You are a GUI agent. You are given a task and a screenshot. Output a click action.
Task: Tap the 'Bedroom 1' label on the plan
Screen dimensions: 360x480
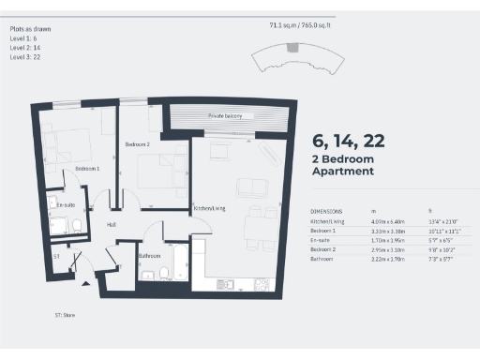click(x=87, y=168)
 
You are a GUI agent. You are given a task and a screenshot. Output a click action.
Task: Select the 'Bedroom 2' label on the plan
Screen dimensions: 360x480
click(x=138, y=145)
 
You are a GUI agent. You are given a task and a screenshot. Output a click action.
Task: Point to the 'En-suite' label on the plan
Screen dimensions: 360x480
click(x=66, y=204)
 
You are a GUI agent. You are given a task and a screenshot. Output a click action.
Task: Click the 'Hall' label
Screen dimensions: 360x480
click(x=111, y=225)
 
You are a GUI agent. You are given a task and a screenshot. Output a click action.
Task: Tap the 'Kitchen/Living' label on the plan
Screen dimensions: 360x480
click(x=208, y=207)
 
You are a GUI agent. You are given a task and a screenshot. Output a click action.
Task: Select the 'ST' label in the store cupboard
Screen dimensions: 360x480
click(x=56, y=255)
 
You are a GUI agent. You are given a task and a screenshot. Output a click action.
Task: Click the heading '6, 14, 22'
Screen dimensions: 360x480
click(x=348, y=142)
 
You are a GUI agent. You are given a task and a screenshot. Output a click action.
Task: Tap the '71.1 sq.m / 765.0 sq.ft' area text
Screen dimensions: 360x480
click(x=303, y=27)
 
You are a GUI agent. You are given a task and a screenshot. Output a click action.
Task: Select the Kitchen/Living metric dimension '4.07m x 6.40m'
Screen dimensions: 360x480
click(x=382, y=221)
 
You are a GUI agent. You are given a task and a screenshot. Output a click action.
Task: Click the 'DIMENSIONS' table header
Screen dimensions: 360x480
click(x=326, y=212)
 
